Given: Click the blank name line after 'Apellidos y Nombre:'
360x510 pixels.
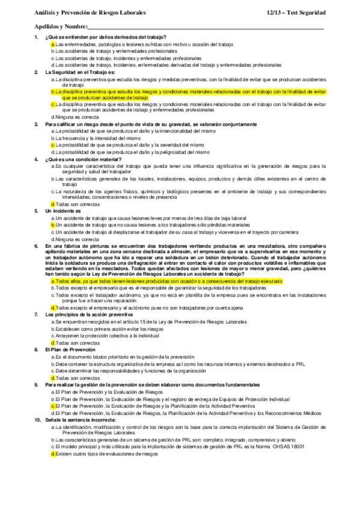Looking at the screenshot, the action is pos(204,28).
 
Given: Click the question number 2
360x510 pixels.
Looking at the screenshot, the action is pos(37,71).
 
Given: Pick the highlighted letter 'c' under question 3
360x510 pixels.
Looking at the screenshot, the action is pos(53,145).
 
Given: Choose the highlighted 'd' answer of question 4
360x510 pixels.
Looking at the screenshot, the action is pos(53,204).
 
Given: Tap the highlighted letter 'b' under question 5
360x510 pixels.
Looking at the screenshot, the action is pos(53,224).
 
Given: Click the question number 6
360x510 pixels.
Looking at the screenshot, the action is pos(37,247).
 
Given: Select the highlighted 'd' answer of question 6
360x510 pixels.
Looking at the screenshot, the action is pos(53,307).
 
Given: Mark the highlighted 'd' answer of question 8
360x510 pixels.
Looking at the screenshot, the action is pos(53,378).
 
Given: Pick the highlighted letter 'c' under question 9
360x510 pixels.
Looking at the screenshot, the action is pos(53,406).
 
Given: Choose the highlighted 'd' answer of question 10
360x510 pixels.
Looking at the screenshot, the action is pos(53,455).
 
